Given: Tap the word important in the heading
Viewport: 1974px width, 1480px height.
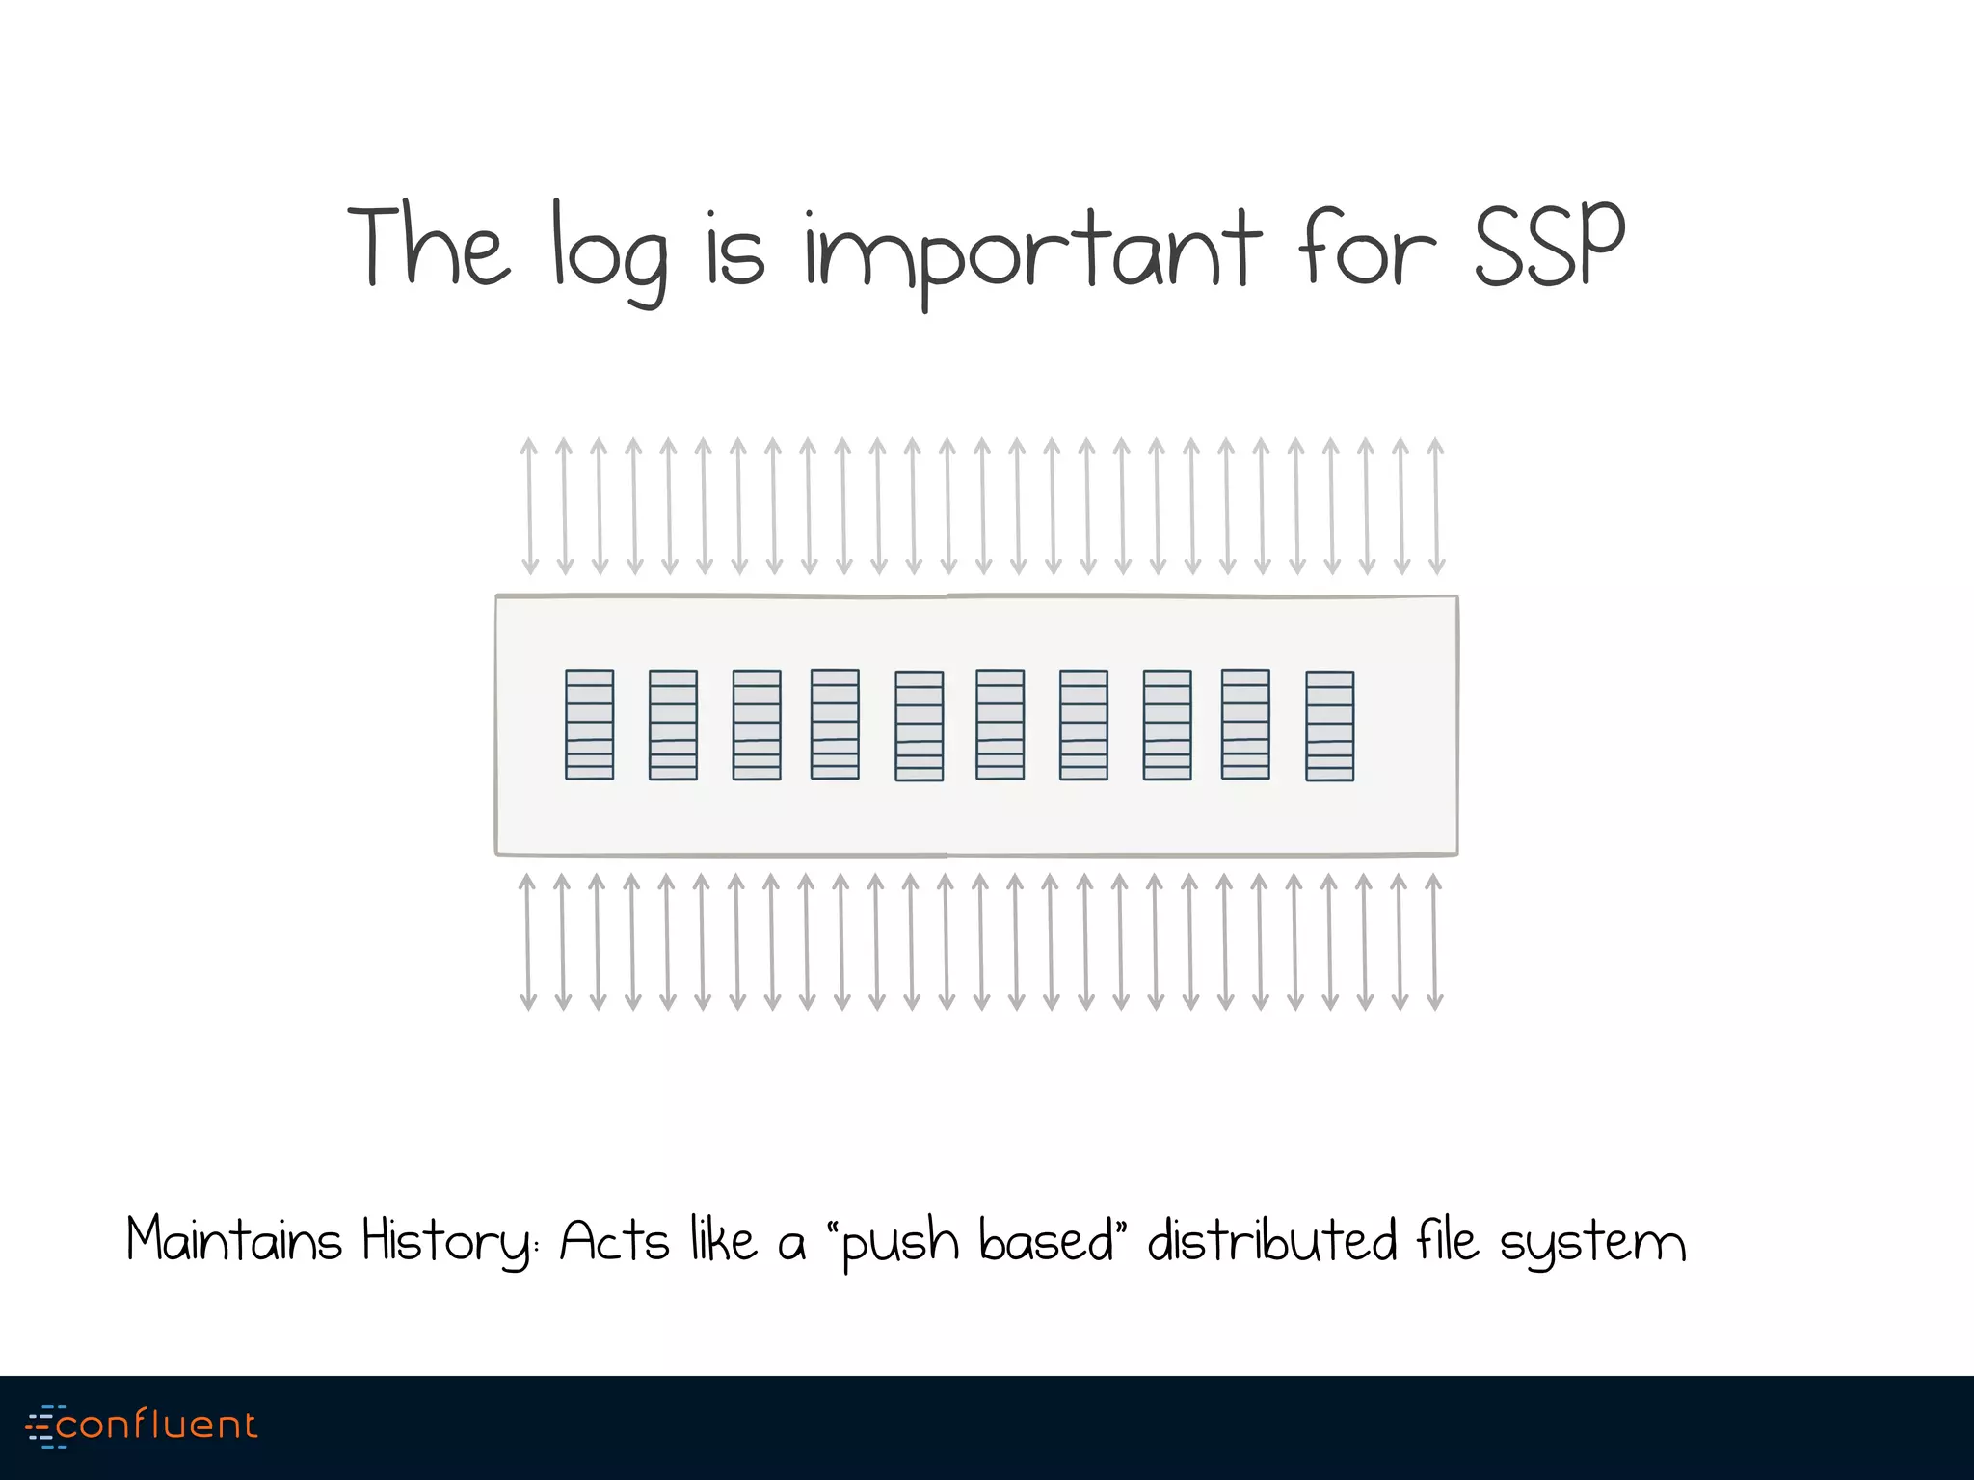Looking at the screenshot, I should click(1032, 252).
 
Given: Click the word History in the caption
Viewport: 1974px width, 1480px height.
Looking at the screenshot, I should click(448, 1241).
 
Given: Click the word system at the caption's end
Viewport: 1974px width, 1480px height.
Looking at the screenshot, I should click(1592, 1243).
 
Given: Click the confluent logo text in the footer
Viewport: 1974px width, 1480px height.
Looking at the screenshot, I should click(157, 1424).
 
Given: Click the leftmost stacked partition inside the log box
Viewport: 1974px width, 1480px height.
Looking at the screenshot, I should click(589, 724).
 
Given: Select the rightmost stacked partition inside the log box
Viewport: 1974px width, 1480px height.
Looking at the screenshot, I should click(1329, 726).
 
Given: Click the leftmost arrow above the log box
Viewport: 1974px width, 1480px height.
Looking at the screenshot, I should click(529, 506).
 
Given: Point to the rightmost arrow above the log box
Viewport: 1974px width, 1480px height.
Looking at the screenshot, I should click(1436, 506).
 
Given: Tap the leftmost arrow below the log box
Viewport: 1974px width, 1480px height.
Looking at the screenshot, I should click(527, 941).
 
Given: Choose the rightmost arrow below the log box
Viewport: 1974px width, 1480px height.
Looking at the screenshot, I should click(1434, 941).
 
